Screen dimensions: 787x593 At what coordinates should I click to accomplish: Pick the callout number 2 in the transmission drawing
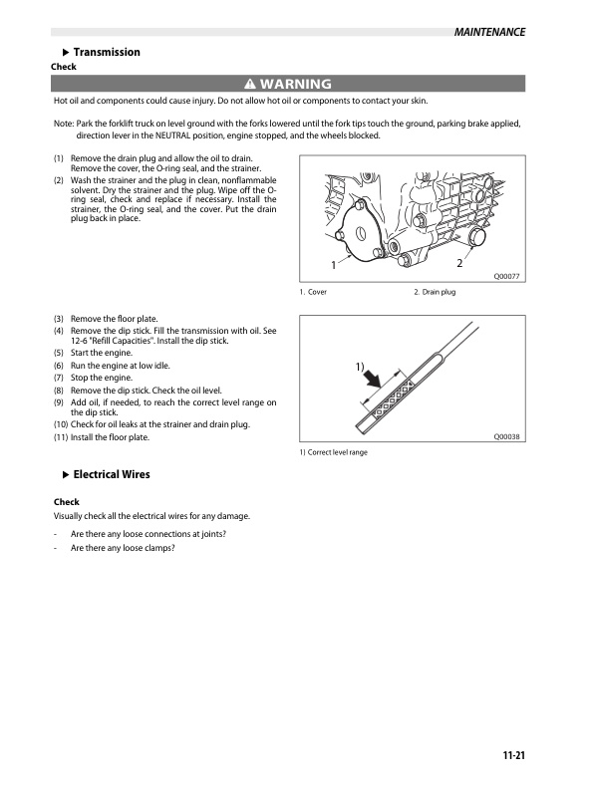(x=458, y=263)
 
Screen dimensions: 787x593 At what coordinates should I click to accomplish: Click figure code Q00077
(x=507, y=276)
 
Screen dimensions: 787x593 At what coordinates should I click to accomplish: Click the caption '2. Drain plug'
(x=435, y=292)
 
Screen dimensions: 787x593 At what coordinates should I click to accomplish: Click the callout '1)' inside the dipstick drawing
(x=361, y=368)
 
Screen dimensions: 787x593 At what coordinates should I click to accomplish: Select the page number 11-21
(x=513, y=755)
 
